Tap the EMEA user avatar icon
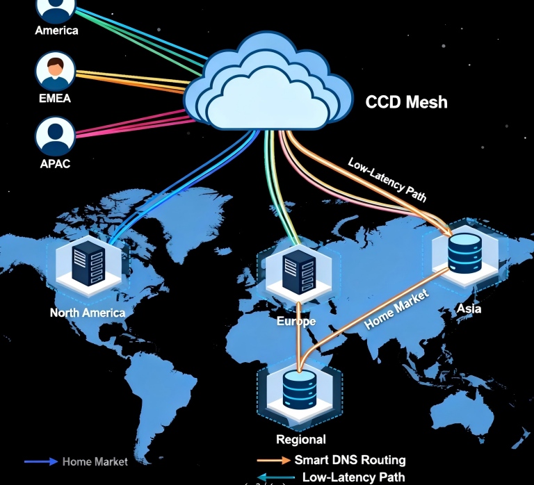55,72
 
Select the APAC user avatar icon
55,136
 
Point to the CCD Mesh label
406,103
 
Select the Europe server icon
297,271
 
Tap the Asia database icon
464,254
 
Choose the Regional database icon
300,389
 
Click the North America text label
88,312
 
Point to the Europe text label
296,322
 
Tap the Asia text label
469,309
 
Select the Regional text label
300,439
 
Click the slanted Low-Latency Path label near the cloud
387,179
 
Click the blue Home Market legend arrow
41,461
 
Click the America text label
56,30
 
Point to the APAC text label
55,164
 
